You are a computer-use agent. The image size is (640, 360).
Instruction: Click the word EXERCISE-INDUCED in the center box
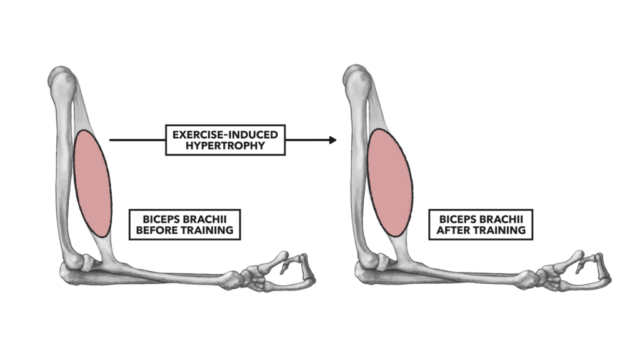[225, 135]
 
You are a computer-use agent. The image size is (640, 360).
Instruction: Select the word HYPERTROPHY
[225, 146]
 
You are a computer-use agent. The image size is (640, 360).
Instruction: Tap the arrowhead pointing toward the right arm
[333, 140]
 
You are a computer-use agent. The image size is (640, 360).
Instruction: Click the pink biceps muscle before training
[92, 183]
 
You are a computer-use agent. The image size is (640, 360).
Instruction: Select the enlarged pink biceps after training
[390, 182]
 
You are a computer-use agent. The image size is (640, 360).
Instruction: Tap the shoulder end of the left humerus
[62, 79]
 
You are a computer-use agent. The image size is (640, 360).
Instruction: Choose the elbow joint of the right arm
[375, 267]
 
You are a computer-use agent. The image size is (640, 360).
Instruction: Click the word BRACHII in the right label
[501, 219]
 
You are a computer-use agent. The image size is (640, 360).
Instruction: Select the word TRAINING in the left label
[207, 230]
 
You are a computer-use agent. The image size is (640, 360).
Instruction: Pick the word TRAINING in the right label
[499, 230]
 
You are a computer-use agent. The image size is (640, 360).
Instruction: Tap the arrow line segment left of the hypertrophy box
[137, 140]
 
